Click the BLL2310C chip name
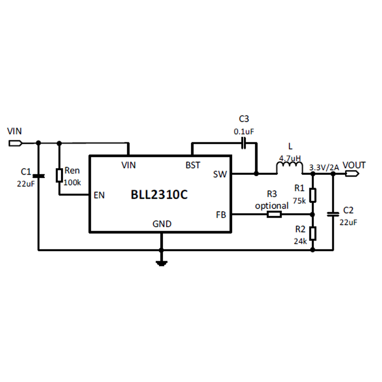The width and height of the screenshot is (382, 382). click(x=159, y=194)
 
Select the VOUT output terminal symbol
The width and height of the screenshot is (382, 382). click(x=352, y=173)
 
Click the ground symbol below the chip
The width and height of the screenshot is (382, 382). click(x=161, y=263)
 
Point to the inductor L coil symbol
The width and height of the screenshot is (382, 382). click(x=289, y=168)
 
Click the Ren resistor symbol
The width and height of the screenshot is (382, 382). click(x=59, y=175)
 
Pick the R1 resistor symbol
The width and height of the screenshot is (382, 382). click(x=313, y=195)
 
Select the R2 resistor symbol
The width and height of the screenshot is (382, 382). click(x=313, y=233)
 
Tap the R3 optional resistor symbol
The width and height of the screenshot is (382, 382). click(x=274, y=214)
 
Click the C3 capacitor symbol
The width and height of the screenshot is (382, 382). click(x=244, y=143)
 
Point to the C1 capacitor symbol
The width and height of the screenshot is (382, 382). click(x=39, y=176)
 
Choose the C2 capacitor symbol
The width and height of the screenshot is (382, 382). click(x=333, y=214)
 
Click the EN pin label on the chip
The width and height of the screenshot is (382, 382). click(x=99, y=195)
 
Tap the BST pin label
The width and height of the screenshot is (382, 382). click(x=193, y=165)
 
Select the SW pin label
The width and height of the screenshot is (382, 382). click(x=220, y=174)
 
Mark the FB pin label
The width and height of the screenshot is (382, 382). click(x=221, y=214)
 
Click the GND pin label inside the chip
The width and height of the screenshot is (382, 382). click(x=162, y=223)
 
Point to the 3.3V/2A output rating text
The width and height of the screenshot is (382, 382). click(x=324, y=168)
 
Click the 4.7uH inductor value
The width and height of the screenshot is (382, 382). click(x=290, y=159)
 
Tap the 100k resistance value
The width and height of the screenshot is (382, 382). click(x=72, y=182)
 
